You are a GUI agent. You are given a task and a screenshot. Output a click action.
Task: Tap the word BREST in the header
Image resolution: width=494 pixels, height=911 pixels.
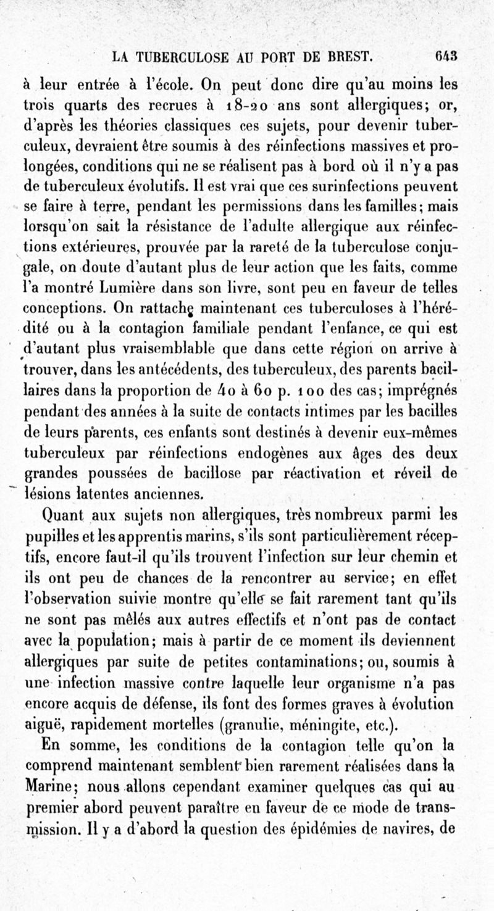[x=348, y=59]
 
